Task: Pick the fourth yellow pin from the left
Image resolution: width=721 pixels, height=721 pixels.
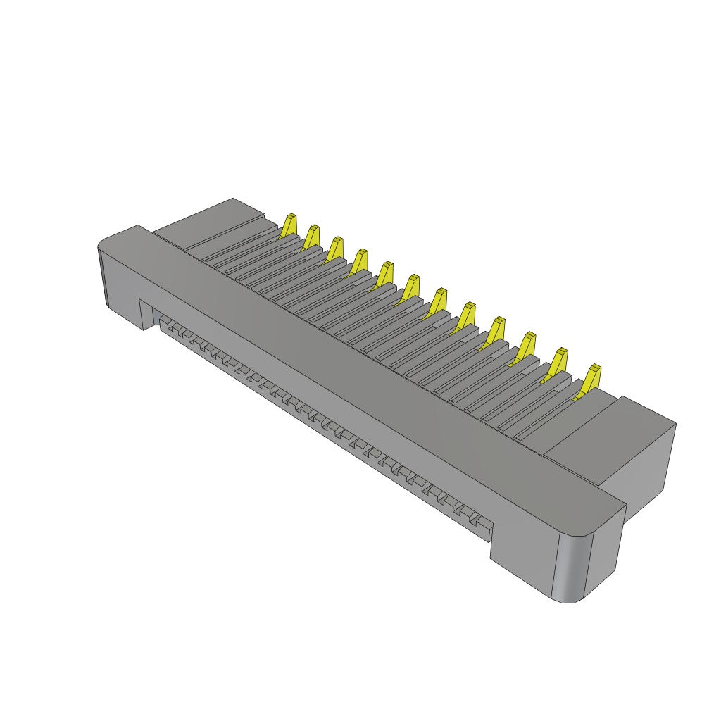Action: (360, 261)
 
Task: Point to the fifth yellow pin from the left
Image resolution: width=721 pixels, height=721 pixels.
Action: (385, 273)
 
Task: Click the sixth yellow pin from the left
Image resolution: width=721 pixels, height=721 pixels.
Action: (411, 286)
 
